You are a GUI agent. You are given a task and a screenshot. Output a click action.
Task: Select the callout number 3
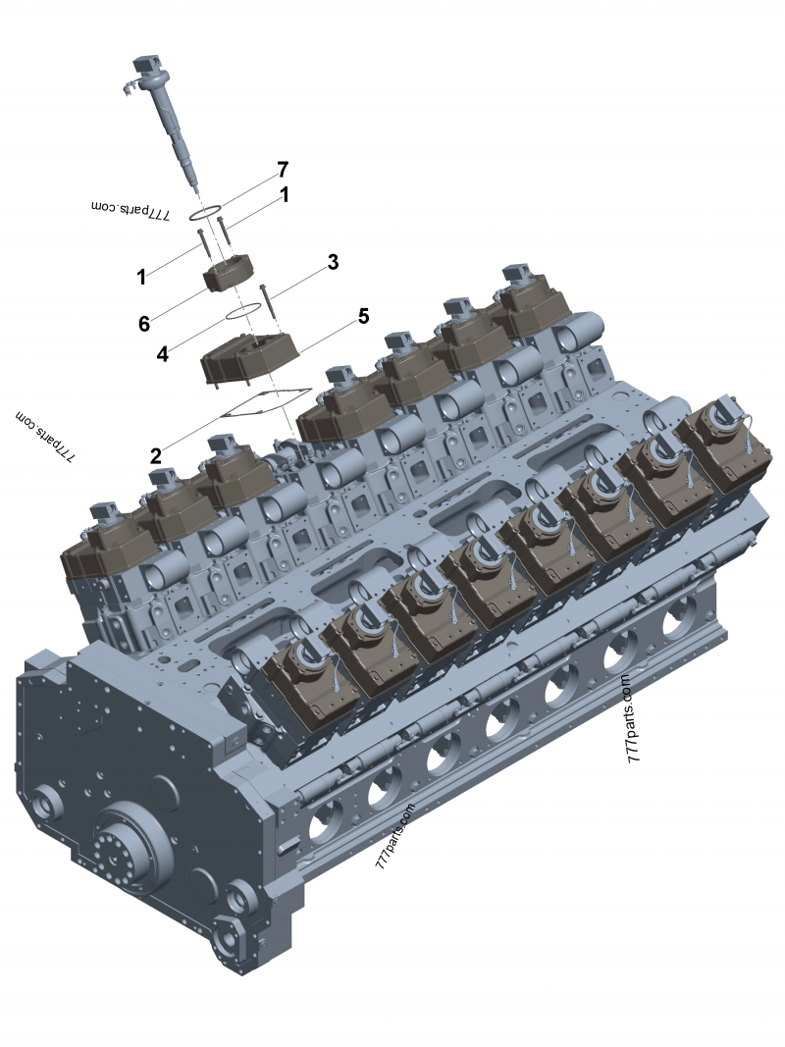click(x=333, y=262)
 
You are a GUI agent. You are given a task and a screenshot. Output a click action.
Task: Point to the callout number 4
click(x=163, y=352)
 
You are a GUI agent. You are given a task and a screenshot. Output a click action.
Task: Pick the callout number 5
click(x=363, y=316)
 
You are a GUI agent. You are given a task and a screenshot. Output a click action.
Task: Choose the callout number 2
click(x=156, y=454)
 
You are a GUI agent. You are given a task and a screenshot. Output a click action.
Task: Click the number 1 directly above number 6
click(x=141, y=277)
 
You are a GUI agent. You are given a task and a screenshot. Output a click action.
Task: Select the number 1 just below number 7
click(x=285, y=196)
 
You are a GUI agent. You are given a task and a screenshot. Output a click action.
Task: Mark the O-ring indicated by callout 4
click(x=242, y=311)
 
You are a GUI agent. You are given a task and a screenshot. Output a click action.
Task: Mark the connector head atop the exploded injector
click(x=145, y=69)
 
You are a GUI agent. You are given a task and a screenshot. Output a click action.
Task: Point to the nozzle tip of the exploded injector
click(x=196, y=188)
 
